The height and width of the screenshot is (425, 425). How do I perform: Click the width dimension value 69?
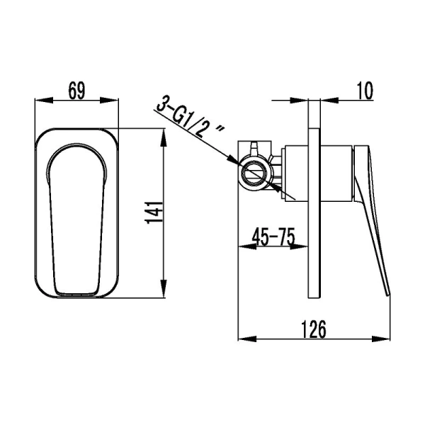pyautogui.click(x=78, y=91)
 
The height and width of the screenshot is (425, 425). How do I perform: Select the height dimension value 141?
pyautogui.click(x=157, y=211)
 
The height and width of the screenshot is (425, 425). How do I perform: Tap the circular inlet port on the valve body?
pyautogui.click(x=253, y=172)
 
